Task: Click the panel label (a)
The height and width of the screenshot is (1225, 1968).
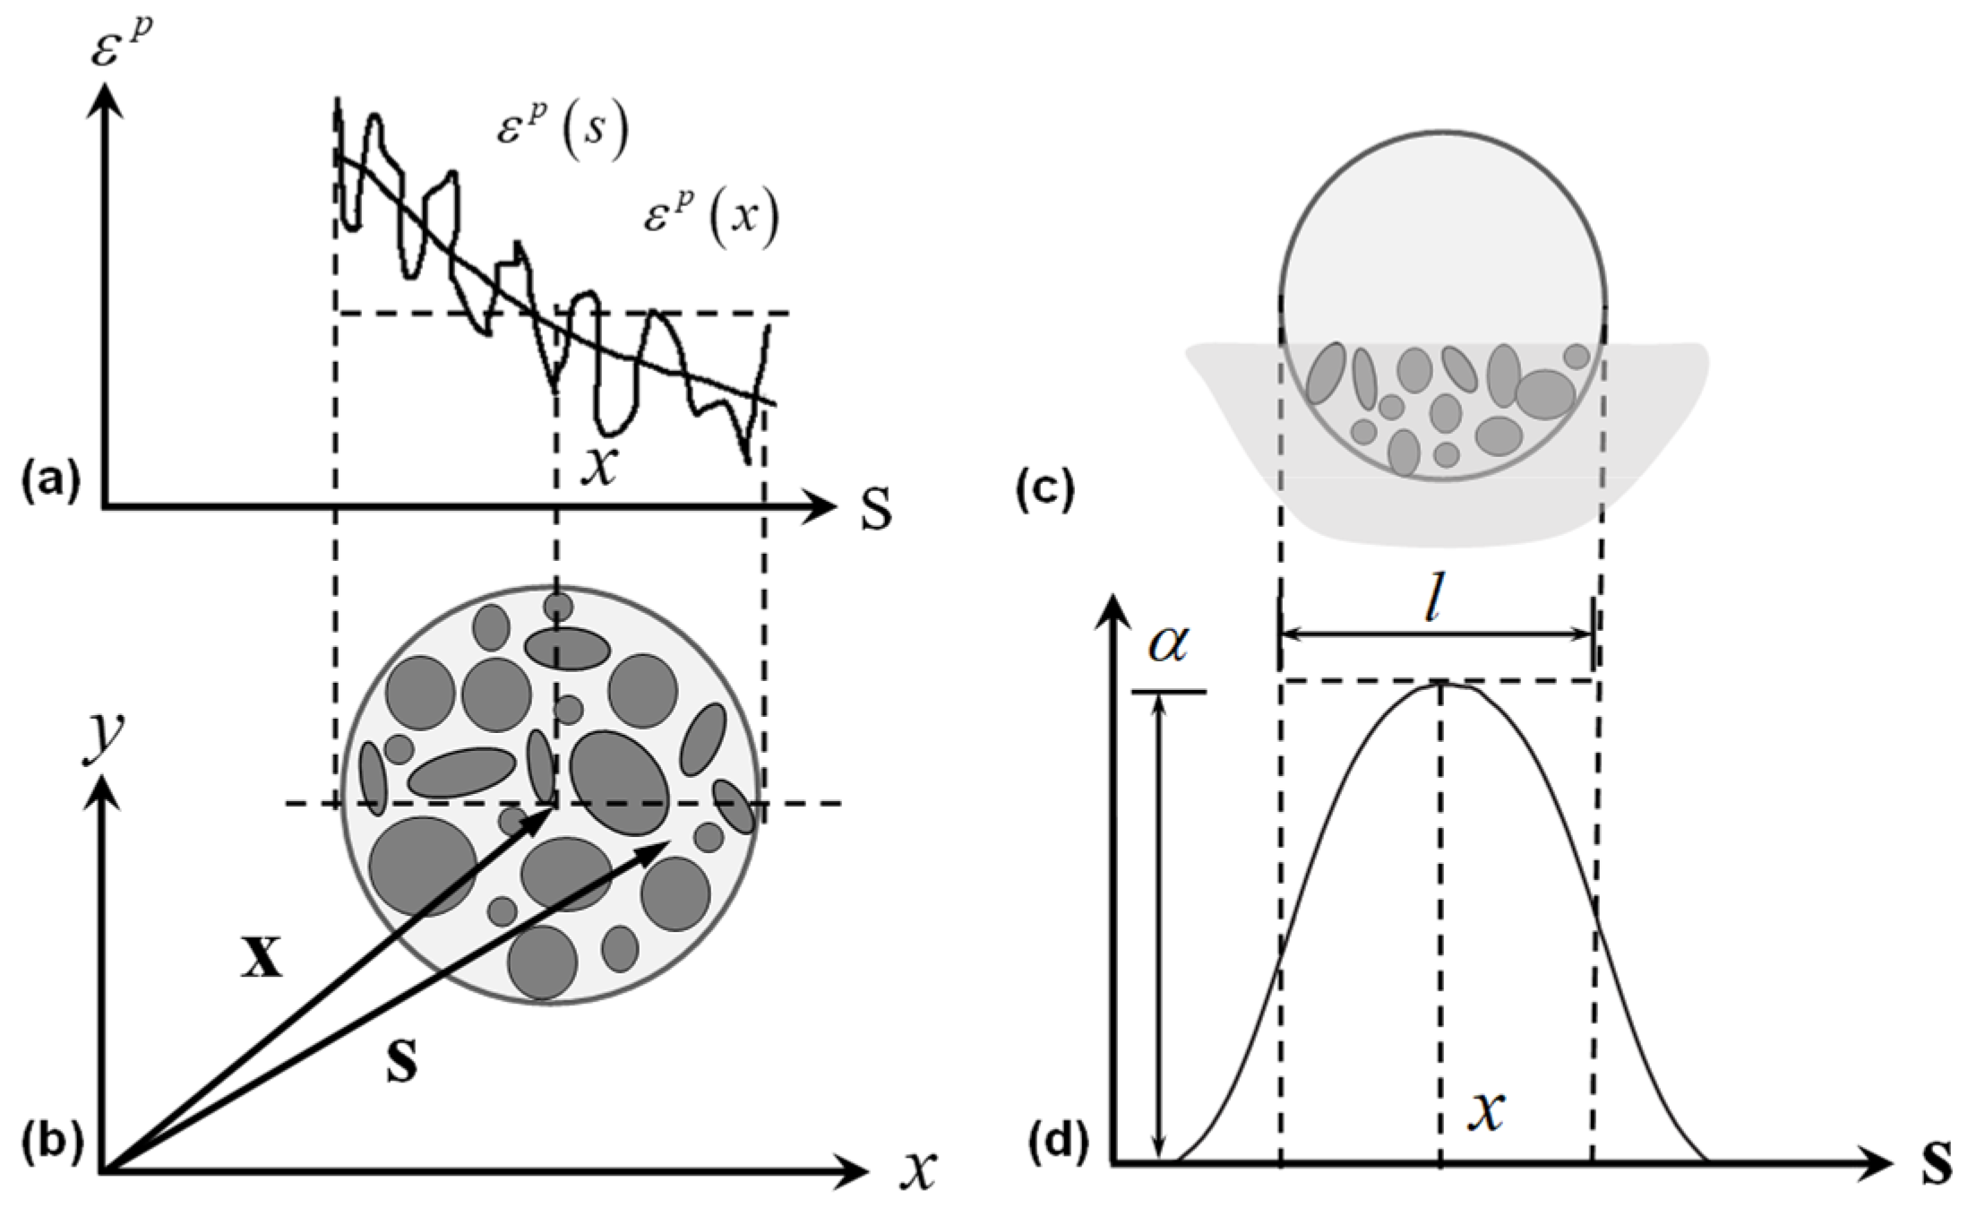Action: click(50, 480)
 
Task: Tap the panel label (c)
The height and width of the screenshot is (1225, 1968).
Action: click(1044, 491)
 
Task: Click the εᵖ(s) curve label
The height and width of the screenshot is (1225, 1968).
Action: click(563, 131)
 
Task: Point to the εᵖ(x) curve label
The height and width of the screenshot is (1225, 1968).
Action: click(711, 218)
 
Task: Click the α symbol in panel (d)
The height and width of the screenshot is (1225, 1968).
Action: click(1168, 643)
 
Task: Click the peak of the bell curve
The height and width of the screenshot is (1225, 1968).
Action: click(1440, 685)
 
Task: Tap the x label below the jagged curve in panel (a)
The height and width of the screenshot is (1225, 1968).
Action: click(598, 466)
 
